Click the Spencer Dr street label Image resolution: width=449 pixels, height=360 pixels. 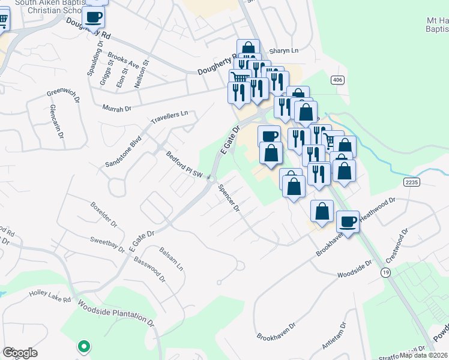(x=229, y=197)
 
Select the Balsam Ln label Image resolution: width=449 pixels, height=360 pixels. (x=172, y=258)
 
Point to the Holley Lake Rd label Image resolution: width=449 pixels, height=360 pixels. (x=50, y=298)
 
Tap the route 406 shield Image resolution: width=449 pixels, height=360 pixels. (x=337, y=80)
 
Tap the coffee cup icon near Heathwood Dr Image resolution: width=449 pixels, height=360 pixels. (x=348, y=221)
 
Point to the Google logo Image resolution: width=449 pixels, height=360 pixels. (x=20, y=353)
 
